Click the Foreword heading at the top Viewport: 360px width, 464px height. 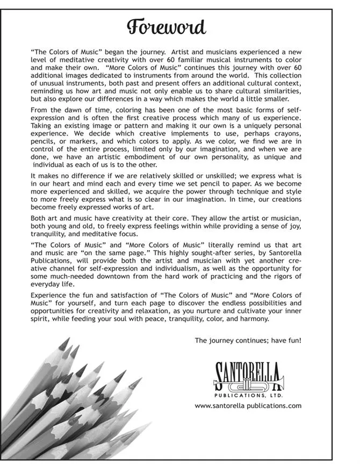166,26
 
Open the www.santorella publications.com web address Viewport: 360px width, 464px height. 248,406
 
